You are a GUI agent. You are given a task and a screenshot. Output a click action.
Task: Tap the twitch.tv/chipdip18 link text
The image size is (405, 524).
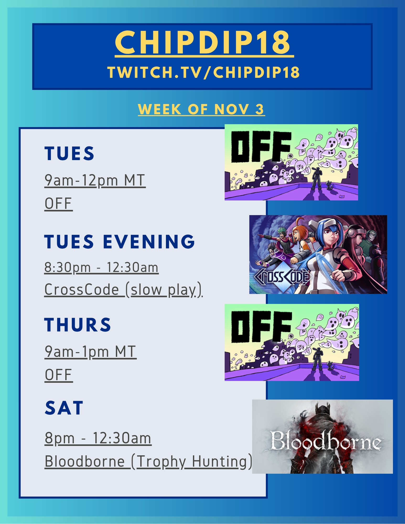203,72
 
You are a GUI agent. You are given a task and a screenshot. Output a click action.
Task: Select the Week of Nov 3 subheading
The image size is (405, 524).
201,109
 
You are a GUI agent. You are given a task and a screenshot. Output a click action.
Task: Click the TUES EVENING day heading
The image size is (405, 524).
120,241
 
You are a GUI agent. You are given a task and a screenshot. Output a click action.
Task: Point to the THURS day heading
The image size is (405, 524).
78,325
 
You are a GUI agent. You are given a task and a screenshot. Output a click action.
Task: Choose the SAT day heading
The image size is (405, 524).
64,408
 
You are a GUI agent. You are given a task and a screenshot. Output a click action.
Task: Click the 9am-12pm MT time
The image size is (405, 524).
95,181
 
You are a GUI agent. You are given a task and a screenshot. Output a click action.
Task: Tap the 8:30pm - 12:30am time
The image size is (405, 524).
101,268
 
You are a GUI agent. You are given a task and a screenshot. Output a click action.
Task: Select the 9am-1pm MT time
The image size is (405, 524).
90,352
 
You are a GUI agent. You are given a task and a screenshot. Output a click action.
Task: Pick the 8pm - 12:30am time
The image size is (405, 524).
98,438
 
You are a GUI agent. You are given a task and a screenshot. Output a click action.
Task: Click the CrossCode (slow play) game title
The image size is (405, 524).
123,290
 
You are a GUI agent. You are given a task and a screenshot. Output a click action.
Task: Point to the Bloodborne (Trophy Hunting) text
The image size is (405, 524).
148,462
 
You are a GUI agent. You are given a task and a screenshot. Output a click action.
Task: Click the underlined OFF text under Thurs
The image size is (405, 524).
58,375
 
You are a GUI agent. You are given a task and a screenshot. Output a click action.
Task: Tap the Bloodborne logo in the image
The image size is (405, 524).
326,441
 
